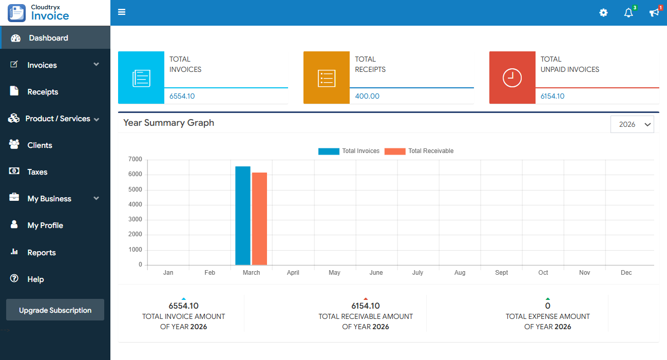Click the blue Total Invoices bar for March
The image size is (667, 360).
point(243,216)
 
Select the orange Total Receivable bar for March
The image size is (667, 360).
point(259,219)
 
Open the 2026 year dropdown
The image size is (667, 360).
point(632,124)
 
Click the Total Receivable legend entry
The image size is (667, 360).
point(419,151)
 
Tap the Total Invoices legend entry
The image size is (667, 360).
point(349,151)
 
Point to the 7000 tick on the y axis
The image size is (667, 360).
point(135,160)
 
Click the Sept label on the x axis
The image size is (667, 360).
point(502,273)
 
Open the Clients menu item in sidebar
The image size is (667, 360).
point(40,145)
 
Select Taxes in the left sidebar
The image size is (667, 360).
point(37,172)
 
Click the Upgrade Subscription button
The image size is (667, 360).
point(55,310)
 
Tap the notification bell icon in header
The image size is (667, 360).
point(628,13)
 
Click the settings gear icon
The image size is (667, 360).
point(603,13)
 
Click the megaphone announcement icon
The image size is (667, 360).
point(654,13)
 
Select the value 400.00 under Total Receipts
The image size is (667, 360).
point(367,96)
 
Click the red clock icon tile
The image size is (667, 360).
point(512,78)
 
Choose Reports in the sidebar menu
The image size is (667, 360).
point(41,253)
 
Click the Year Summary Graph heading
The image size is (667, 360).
point(168,123)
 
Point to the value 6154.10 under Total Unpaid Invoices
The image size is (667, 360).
point(552,96)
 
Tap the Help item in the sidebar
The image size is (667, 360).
point(35,279)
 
